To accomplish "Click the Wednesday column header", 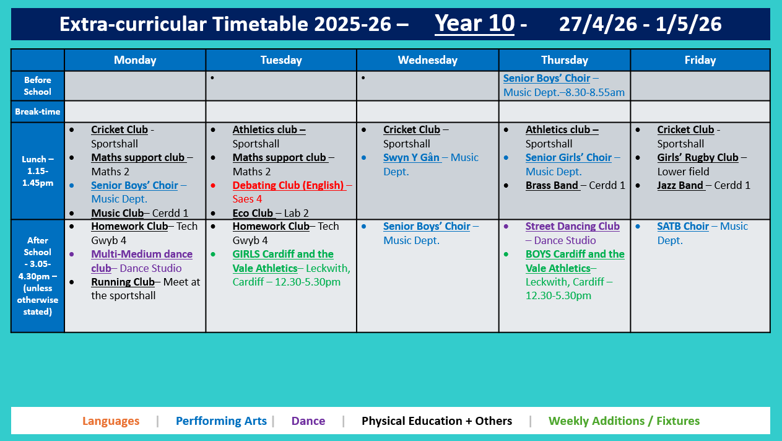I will [x=427, y=60].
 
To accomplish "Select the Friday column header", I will [x=700, y=60].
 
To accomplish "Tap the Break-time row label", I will [x=37, y=111].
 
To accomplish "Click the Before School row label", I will [x=37, y=85].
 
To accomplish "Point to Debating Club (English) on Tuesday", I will [x=288, y=185].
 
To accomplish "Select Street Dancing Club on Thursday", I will [x=572, y=226].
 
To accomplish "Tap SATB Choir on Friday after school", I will [x=682, y=226].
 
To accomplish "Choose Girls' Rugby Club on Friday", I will [x=697, y=157].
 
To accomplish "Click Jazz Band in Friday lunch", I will [x=680, y=185].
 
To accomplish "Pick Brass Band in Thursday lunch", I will [x=552, y=185].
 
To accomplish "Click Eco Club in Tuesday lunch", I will [x=253, y=213].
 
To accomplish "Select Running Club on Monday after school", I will [x=123, y=282].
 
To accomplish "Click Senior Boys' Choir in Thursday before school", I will [x=546, y=79].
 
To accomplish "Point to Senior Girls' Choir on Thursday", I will [x=568, y=157].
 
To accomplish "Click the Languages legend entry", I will [x=111, y=421].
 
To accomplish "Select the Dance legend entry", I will [x=308, y=421].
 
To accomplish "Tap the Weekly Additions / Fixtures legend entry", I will [x=623, y=421].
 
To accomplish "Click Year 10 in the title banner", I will [x=474, y=24].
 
